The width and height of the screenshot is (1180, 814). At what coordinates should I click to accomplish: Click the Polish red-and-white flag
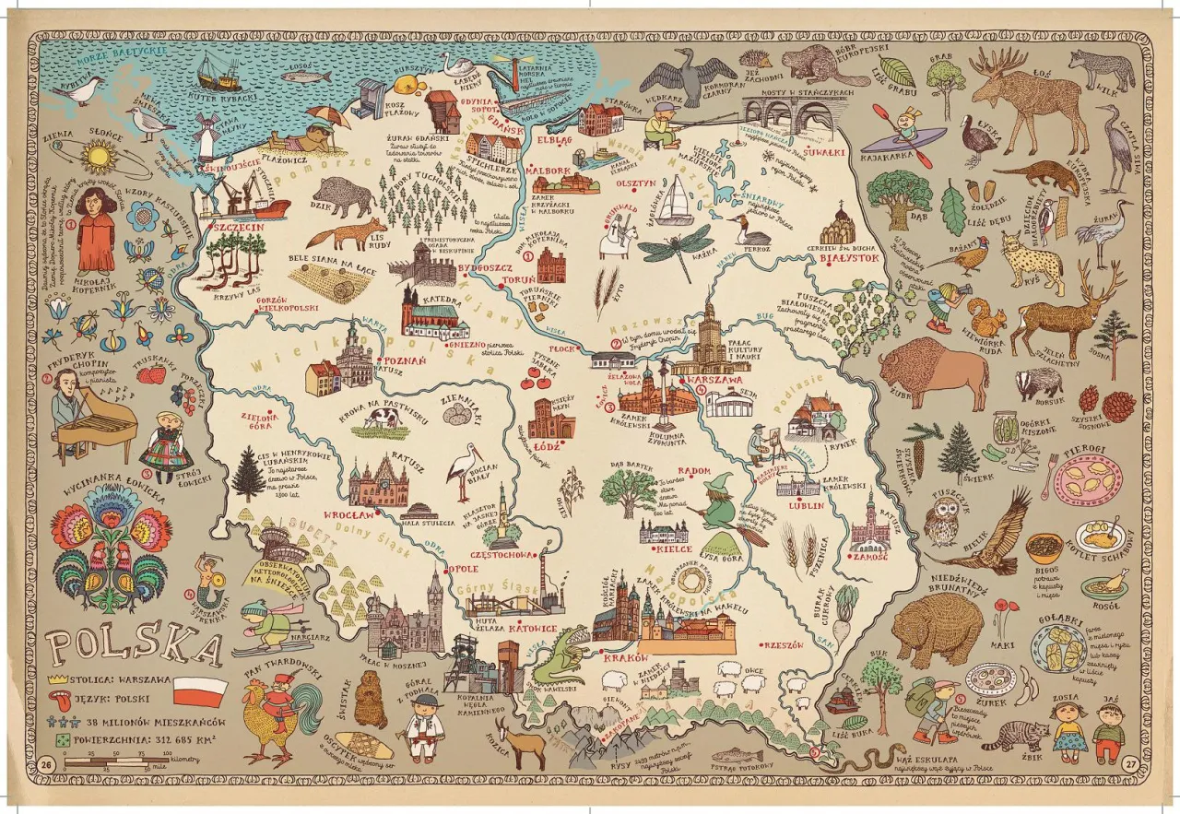(200, 690)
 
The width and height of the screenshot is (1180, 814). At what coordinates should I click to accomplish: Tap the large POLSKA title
(135, 647)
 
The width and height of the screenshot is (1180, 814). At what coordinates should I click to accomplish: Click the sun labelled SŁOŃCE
(99, 157)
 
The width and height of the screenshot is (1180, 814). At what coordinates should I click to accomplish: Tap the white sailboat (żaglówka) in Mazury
(682, 200)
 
